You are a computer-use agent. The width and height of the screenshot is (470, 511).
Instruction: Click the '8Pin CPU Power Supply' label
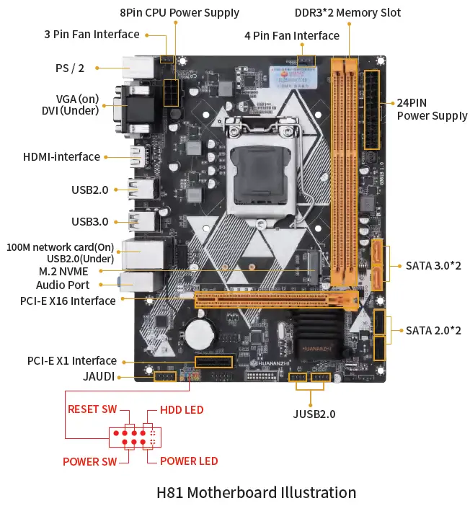[x=179, y=12]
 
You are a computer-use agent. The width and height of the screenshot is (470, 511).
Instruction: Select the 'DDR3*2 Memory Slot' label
[x=347, y=12]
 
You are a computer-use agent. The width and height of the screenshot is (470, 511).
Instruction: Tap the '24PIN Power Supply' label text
[x=432, y=109]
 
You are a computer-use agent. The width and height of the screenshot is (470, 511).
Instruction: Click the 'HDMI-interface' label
[x=61, y=156]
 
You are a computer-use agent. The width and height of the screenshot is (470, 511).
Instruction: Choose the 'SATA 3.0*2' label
[x=433, y=266]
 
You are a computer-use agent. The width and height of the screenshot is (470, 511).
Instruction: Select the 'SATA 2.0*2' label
[x=433, y=330]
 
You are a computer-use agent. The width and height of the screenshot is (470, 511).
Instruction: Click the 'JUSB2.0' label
[x=314, y=414]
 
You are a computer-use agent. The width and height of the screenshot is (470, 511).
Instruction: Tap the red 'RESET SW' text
[x=92, y=409]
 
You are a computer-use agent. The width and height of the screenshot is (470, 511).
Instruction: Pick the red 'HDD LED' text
[x=182, y=409]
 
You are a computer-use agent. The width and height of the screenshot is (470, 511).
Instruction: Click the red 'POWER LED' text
[x=188, y=461]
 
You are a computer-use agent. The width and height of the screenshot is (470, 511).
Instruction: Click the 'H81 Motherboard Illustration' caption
[x=256, y=493]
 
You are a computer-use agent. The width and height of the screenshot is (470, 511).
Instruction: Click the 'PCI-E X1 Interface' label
[x=71, y=360]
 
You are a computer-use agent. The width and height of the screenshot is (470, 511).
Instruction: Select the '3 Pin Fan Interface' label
[x=92, y=34]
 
